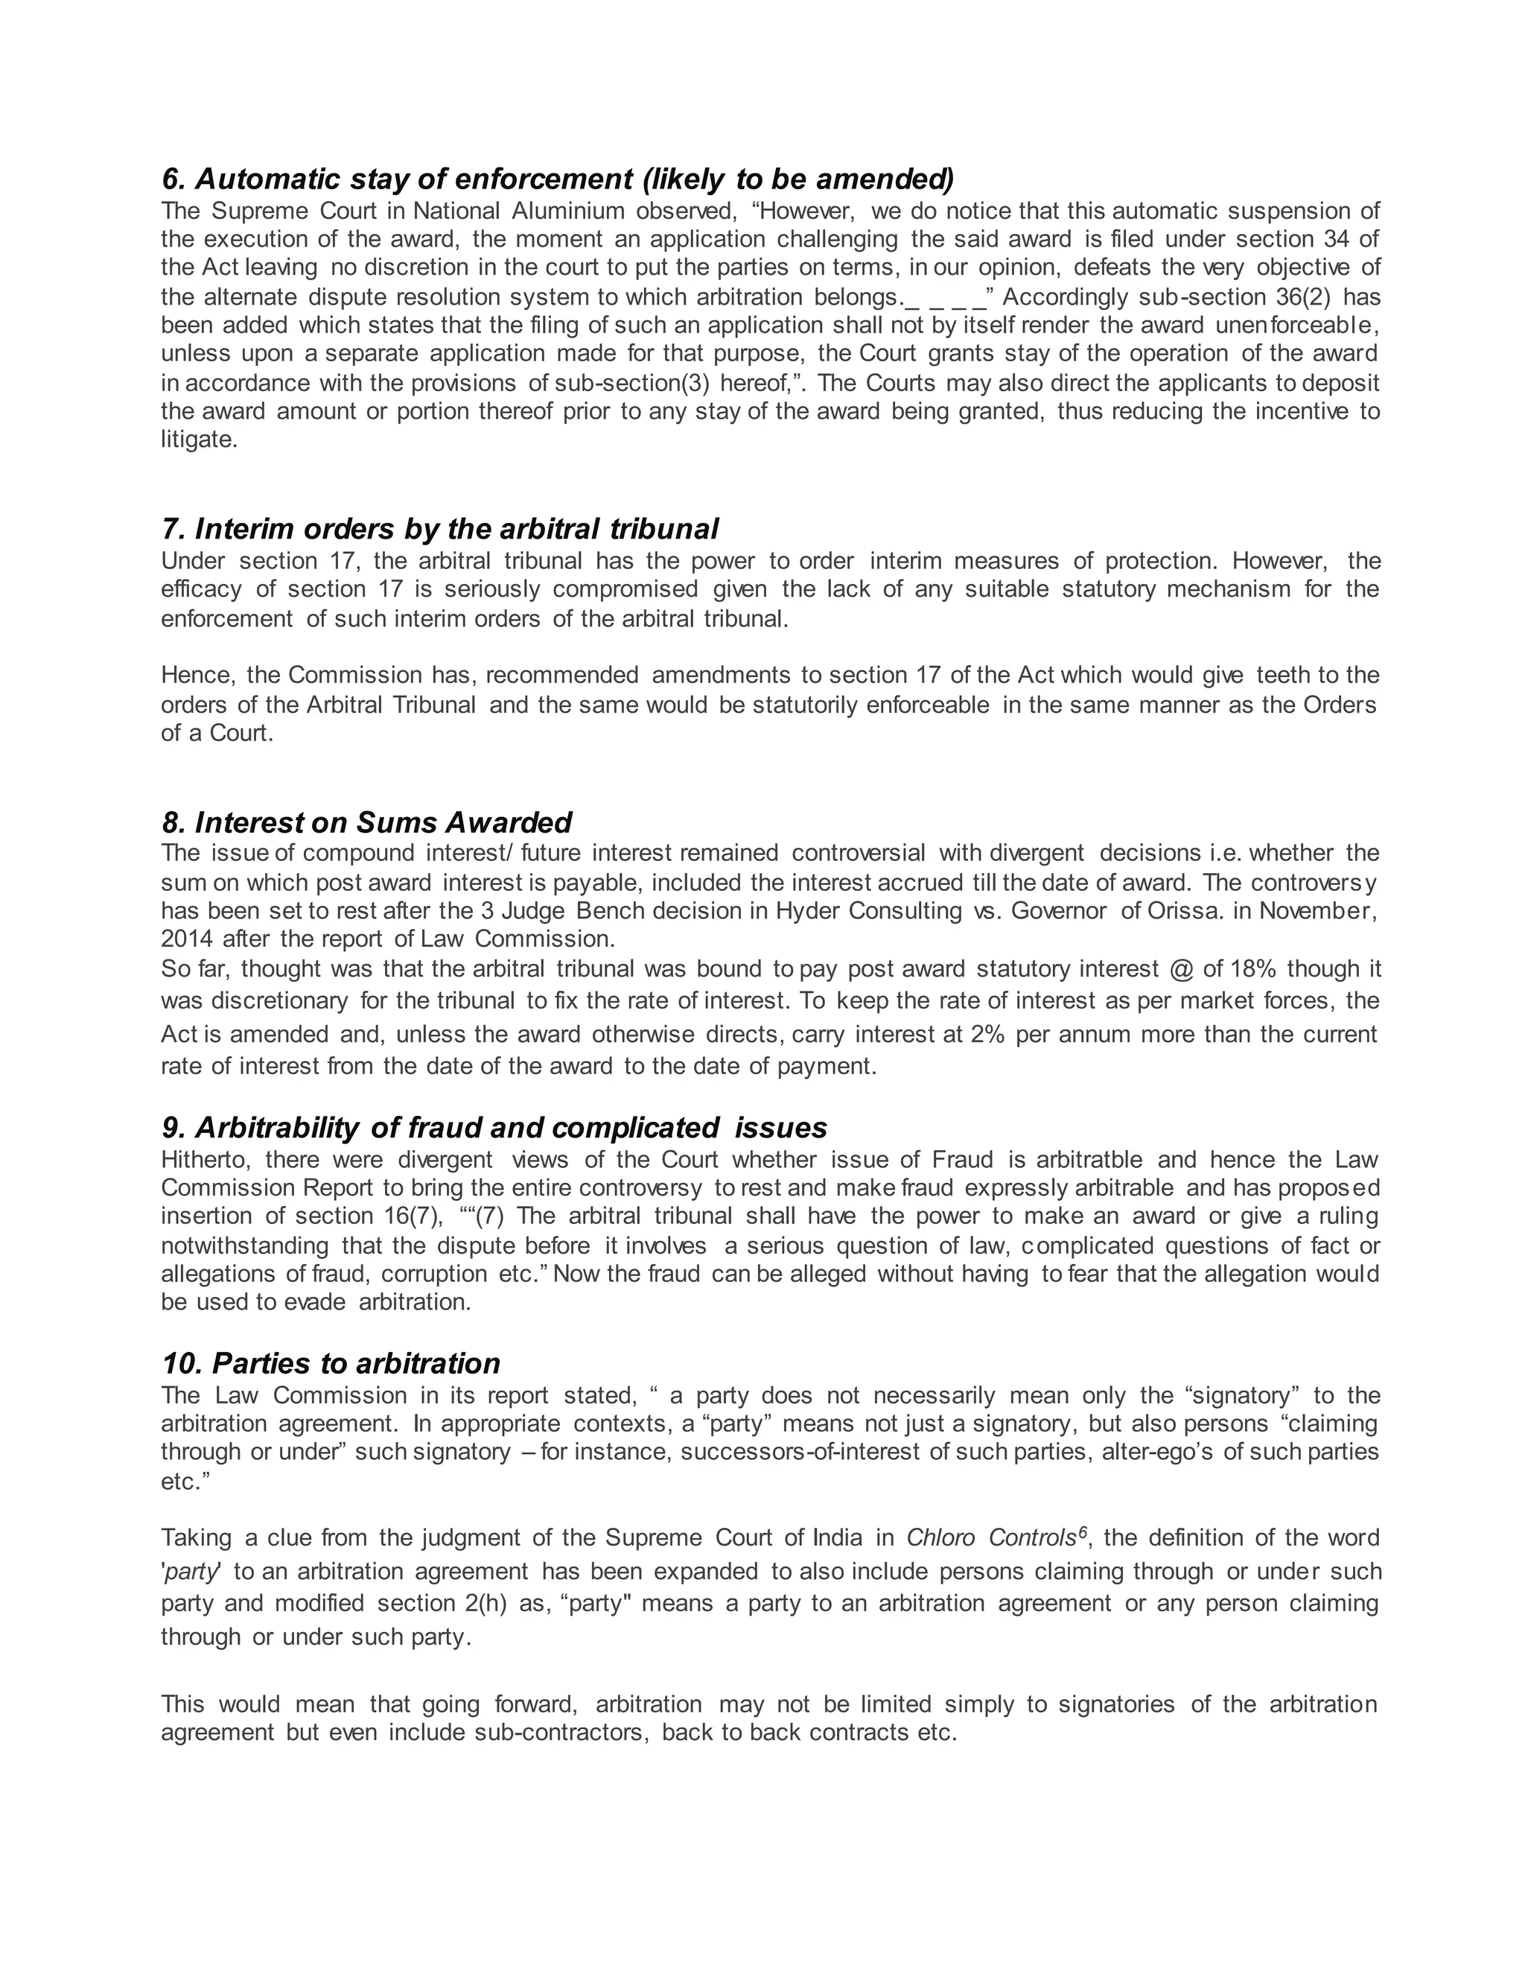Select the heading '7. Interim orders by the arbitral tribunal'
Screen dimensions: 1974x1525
point(440,528)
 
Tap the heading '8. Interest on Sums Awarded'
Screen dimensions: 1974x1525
point(367,822)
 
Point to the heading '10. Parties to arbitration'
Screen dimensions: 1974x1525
point(331,1363)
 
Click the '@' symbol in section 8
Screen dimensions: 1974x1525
point(1181,969)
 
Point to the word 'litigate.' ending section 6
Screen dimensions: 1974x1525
point(199,440)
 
